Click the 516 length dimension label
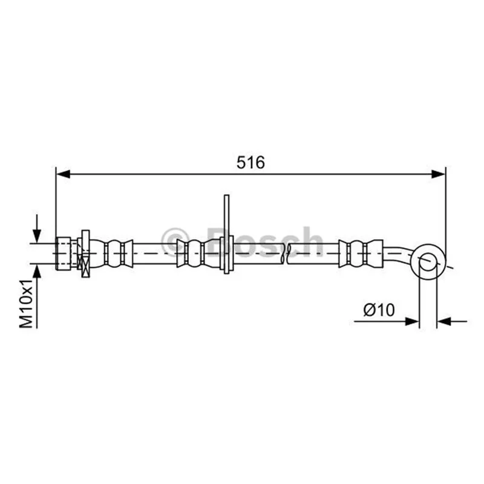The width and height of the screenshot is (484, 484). click(x=250, y=162)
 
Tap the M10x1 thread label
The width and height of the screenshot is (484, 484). click(x=26, y=304)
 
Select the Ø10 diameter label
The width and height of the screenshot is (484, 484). click(x=379, y=310)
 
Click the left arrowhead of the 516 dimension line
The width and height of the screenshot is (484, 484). click(x=64, y=174)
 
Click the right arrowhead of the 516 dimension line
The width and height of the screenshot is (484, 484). click(x=438, y=174)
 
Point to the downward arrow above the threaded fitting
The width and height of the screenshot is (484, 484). click(x=37, y=229)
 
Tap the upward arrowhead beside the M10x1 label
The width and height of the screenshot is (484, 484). click(x=37, y=272)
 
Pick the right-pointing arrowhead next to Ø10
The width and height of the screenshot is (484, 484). click(x=412, y=321)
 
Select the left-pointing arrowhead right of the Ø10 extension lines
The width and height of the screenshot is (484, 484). click(x=445, y=321)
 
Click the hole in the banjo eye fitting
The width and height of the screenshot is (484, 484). click(x=428, y=262)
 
